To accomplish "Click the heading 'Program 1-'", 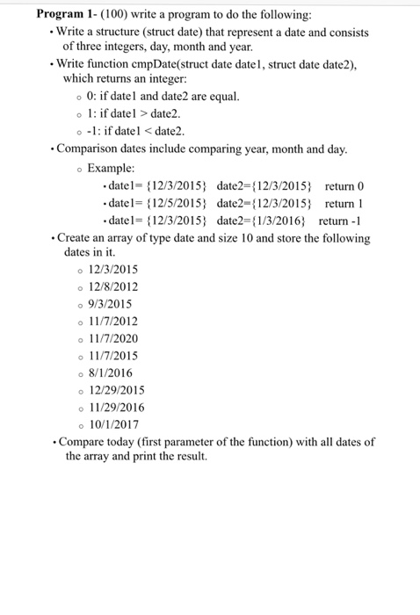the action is [x=70, y=15].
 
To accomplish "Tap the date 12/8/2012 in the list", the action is [x=113, y=286].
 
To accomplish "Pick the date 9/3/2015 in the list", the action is [x=110, y=304].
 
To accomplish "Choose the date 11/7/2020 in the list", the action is [x=113, y=338].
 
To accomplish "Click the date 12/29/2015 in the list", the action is [x=117, y=390].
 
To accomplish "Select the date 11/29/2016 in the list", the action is [x=117, y=408].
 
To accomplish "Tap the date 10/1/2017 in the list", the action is [x=113, y=424].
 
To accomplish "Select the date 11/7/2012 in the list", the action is [x=113, y=322].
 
